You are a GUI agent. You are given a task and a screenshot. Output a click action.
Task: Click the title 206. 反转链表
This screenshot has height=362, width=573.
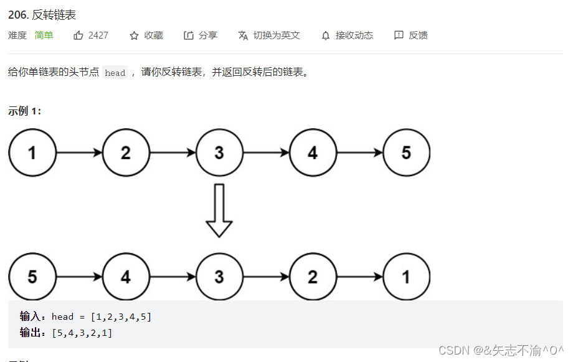(42, 15)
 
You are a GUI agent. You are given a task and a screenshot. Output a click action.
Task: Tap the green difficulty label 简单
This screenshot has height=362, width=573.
(44, 35)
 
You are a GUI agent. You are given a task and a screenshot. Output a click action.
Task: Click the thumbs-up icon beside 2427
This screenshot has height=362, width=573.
(78, 35)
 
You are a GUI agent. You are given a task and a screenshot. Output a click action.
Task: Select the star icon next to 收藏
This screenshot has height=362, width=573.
(134, 35)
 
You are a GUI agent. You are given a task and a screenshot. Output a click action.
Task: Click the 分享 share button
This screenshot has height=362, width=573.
(201, 35)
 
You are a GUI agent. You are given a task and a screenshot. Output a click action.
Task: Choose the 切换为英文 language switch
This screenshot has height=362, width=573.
(269, 35)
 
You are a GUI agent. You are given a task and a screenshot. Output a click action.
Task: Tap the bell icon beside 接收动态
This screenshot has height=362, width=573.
(326, 35)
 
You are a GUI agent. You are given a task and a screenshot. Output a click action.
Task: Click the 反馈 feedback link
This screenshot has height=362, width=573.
(411, 35)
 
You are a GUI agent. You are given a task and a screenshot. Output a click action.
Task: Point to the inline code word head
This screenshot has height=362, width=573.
(115, 73)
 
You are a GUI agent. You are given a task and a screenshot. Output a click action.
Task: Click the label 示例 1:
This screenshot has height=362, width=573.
(25, 111)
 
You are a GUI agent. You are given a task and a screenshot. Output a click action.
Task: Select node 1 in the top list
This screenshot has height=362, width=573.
(32, 152)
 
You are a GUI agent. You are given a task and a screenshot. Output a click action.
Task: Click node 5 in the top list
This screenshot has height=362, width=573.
(406, 152)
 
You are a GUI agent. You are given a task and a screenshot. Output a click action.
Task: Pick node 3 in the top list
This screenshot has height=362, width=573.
(219, 152)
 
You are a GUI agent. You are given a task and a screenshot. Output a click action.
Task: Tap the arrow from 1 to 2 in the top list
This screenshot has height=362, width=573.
(79, 152)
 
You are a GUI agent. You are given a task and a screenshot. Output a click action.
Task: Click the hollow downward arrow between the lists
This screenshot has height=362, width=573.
(219, 210)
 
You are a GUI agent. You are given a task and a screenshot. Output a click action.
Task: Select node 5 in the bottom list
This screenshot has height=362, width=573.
(32, 277)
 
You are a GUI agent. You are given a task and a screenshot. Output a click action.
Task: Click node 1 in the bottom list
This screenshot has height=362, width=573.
(406, 277)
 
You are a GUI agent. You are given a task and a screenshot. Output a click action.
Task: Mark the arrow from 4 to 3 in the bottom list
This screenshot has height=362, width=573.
(173, 277)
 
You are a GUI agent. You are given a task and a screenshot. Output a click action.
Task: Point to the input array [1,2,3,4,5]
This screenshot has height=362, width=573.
(121, 317)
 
